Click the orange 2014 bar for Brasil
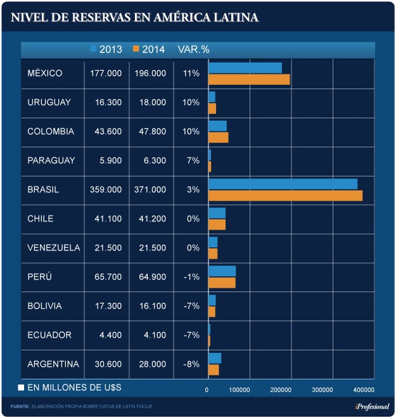click(x=285, y=195)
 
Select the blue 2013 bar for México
click(x=245, y=68)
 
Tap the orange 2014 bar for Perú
click(x=222, y=283)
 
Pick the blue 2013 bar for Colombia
click(x=217, y=126)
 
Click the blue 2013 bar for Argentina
click(x=215, y=359)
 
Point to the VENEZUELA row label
click(x=54, y=248)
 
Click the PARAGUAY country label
click(x=51, y=161)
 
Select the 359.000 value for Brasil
click(x=106, y=190)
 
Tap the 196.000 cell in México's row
click(x=150, y=73)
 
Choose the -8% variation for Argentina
click(x=191, y=364)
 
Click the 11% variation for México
click(x=191, y=73)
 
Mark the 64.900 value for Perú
click(x=150, y=277)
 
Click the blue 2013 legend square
click(x=94, y=49)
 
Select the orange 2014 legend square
click(x=136, y=49)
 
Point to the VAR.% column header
click(x=193, y=49)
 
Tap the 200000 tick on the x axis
click(x=281, y=390)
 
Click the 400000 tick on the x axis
click(x=362, y=390)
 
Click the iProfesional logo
click(x=372, y=407)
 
